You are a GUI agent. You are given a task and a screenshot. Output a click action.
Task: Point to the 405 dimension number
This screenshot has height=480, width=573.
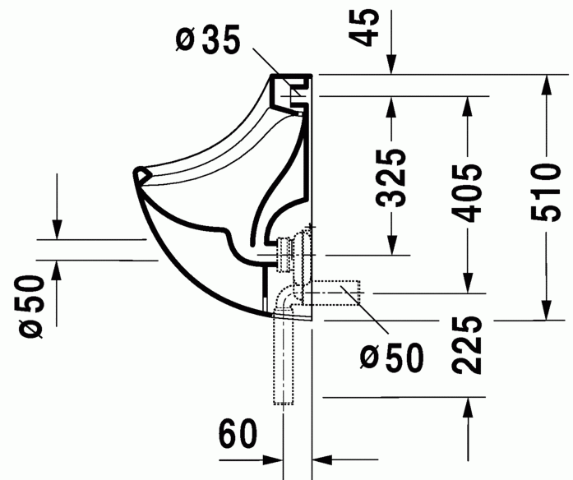[468, 192]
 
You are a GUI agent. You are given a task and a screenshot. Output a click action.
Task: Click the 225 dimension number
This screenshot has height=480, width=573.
[468, 345]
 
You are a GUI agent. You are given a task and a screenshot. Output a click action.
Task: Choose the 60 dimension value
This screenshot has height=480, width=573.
[238, 434]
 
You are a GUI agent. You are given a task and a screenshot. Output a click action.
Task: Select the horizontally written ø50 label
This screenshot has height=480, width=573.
[392, 356]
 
